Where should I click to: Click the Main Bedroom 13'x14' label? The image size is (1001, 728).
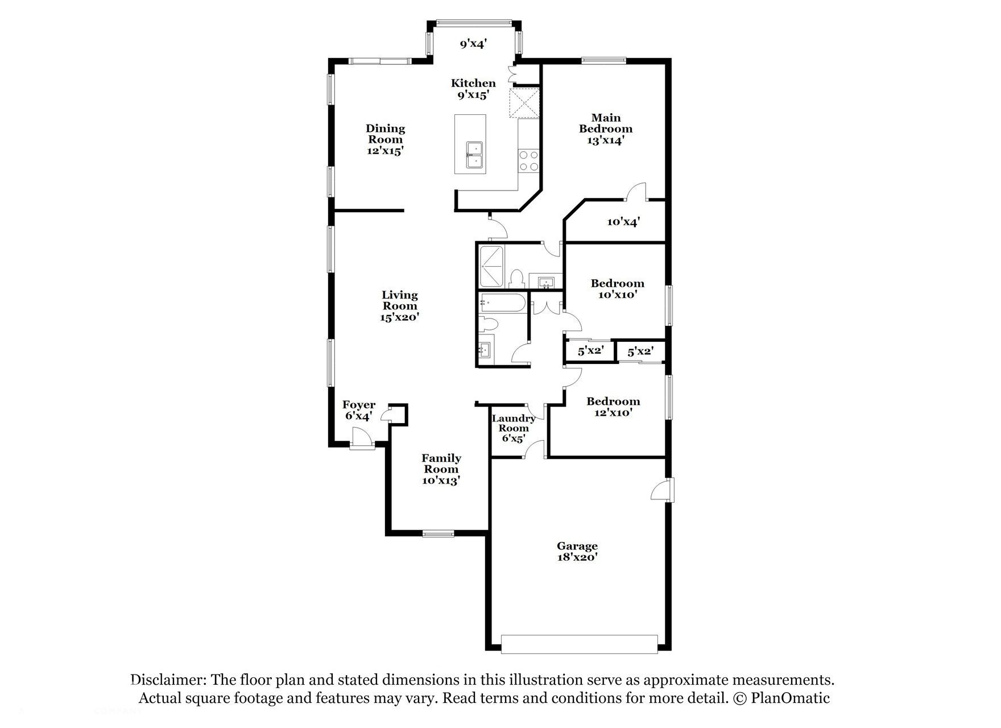coord(606,129)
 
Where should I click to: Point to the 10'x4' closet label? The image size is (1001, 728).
coord(623,222)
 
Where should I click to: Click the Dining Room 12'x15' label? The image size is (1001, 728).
coord(385,139)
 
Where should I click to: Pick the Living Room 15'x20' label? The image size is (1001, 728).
coord(399,306)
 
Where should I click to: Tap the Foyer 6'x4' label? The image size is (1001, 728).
coord(358,410)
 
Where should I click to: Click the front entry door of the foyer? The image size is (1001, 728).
coord(362,441)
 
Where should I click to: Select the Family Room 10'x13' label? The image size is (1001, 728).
coord(441,469)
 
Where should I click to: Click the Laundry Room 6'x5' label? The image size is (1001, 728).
coord(513,428)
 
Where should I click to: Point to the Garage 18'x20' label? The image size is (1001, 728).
coord(577,552)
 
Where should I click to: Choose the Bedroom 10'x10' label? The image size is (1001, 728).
coord(617,289)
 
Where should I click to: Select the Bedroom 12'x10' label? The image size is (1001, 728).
coord(613,407)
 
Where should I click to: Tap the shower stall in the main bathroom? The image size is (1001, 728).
coord(492,266)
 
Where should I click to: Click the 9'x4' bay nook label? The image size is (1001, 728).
coord(473,43)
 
